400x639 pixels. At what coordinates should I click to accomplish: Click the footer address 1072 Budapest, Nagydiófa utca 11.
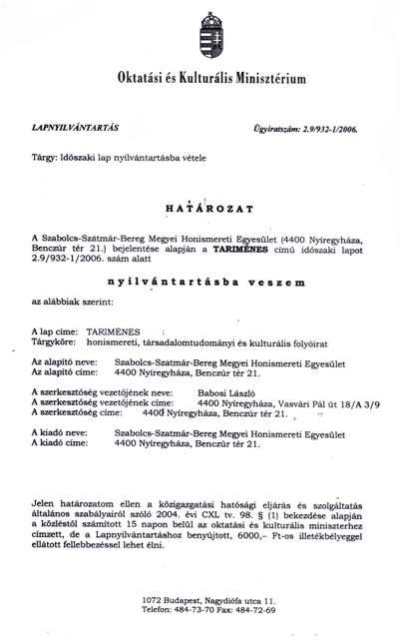200,596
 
